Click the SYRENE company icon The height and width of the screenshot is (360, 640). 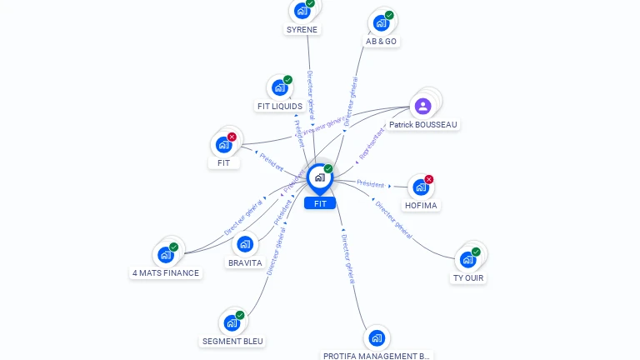click(x=302, y=11)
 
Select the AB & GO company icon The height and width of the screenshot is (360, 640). click(x=381, y=23)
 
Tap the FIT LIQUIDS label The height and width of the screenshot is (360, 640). click(x=280, y=107)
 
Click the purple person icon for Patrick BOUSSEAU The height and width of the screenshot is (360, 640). click(x=422, y=106)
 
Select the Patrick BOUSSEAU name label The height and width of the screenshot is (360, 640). click(x=423, y=125)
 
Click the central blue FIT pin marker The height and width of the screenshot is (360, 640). click(x=319, y=177)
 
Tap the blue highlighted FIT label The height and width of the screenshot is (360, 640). click(x=320, y=203)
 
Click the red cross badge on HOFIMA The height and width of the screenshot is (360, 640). click(x=429, y=179)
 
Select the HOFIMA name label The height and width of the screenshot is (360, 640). click(x=421, y=206)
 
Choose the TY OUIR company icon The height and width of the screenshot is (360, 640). click(x=467, y=259)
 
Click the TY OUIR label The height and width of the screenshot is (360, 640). click(x=468, y=278)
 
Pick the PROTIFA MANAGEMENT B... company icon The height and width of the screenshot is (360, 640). click(x=377, y=338)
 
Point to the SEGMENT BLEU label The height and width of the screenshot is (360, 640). click(x=232, y=342)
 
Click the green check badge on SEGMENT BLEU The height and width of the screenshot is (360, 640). click(x=240, y=315)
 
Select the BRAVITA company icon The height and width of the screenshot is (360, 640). click(x=244, y=244)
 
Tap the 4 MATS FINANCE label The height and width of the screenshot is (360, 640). click(x=166, y=272)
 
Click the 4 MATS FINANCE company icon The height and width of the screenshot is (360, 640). click(x=165, y=254)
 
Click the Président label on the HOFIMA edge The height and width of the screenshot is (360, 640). click(x=370, y=183)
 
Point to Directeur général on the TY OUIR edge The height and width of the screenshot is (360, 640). click(x=393, y=219)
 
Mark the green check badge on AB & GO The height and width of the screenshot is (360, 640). click(x=389, y=15)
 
